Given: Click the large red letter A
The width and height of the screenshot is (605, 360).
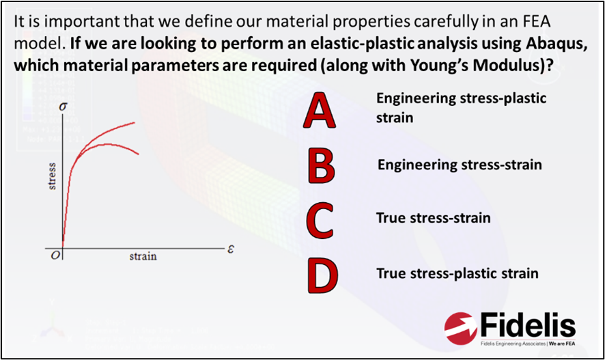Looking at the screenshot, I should click(x=320, y=112).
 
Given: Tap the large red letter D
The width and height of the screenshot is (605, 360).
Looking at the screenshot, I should click(x=320, y=274).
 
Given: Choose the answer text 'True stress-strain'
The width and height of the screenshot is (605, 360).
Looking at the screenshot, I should click(x=433, y=219).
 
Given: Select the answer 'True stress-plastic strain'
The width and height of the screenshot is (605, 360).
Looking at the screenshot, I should click(x=458, y=274).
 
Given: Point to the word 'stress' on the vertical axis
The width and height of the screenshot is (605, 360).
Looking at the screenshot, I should click(x=53, y=176).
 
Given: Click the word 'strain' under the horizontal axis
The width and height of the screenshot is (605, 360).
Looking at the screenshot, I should click(x=143, y=256).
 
